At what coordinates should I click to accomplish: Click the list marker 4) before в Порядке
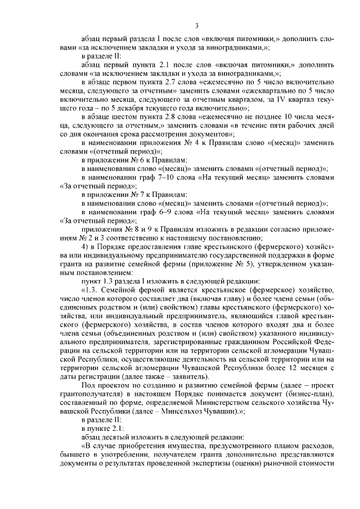[85, 247]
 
